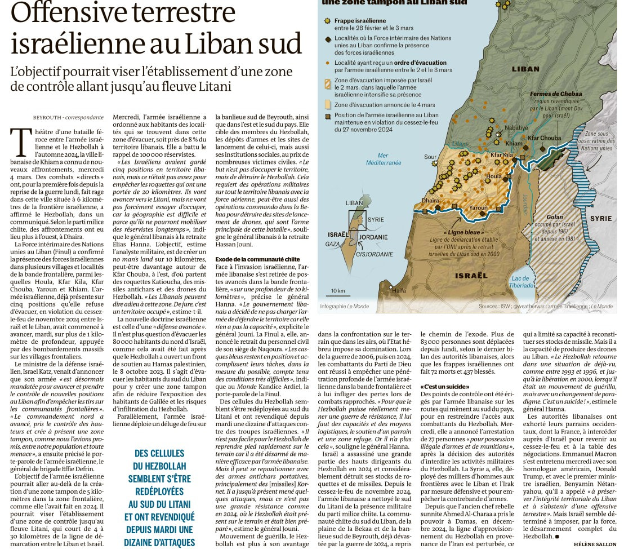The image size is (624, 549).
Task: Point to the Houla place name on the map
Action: [493, 176]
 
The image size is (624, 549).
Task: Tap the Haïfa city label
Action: [399, 290]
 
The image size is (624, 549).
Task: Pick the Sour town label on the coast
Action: [430, 157]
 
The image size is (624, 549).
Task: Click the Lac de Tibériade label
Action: [522, 282]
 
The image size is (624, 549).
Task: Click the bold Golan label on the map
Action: [554, 217]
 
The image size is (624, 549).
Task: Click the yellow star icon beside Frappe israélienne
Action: [327, 21]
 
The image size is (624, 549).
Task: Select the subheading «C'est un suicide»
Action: [439, 386]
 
